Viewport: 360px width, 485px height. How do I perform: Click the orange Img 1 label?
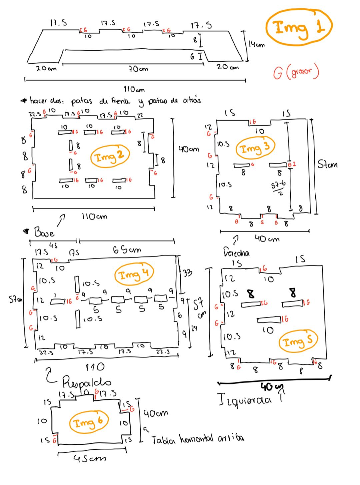click(299, 27)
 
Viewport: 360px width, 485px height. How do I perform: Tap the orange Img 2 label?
click(110, 156)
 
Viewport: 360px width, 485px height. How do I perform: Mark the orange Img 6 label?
click(89, 422)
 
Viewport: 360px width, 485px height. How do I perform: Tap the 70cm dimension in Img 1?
click(138, 69)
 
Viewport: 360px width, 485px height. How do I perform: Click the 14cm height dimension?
click(256, 44)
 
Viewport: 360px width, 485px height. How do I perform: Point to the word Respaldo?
click(87, 381)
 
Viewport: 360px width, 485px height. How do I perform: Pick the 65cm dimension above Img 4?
click(126, 249)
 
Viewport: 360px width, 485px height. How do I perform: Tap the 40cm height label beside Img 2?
click(189, 149)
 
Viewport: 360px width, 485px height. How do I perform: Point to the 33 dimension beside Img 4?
click(187, 273)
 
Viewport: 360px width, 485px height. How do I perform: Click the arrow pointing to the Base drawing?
click(60, 220)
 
